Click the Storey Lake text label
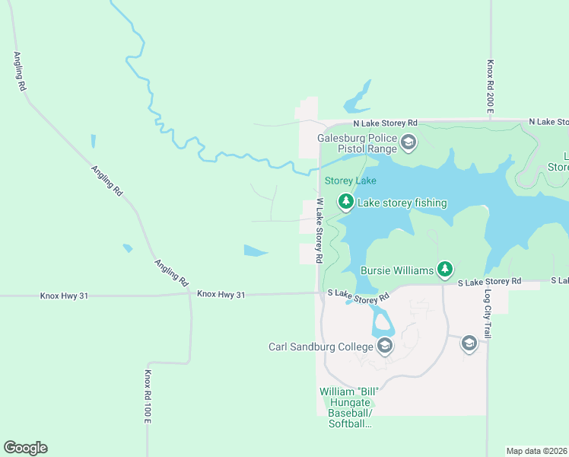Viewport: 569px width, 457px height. [350, 181]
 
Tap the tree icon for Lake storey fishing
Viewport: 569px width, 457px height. [346, 202]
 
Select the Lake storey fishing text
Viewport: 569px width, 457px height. [402, 203]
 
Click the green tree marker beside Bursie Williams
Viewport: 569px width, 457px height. [445, 269]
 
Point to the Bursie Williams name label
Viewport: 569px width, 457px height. [397, 270]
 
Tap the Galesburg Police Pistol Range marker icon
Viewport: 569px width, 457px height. [408, 142]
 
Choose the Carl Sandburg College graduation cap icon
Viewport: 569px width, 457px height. [385, 347]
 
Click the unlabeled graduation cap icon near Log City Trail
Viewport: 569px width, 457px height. [469, 344]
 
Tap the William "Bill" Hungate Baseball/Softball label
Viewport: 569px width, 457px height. [349, 407]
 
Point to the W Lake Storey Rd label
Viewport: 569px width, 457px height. [319, 232]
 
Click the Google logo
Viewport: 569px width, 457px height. [25, 448]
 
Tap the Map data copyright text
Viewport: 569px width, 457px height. [536, 450]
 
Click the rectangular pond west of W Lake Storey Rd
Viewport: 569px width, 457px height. [255, 250]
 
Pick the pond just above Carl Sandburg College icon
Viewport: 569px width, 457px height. [383, 323]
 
